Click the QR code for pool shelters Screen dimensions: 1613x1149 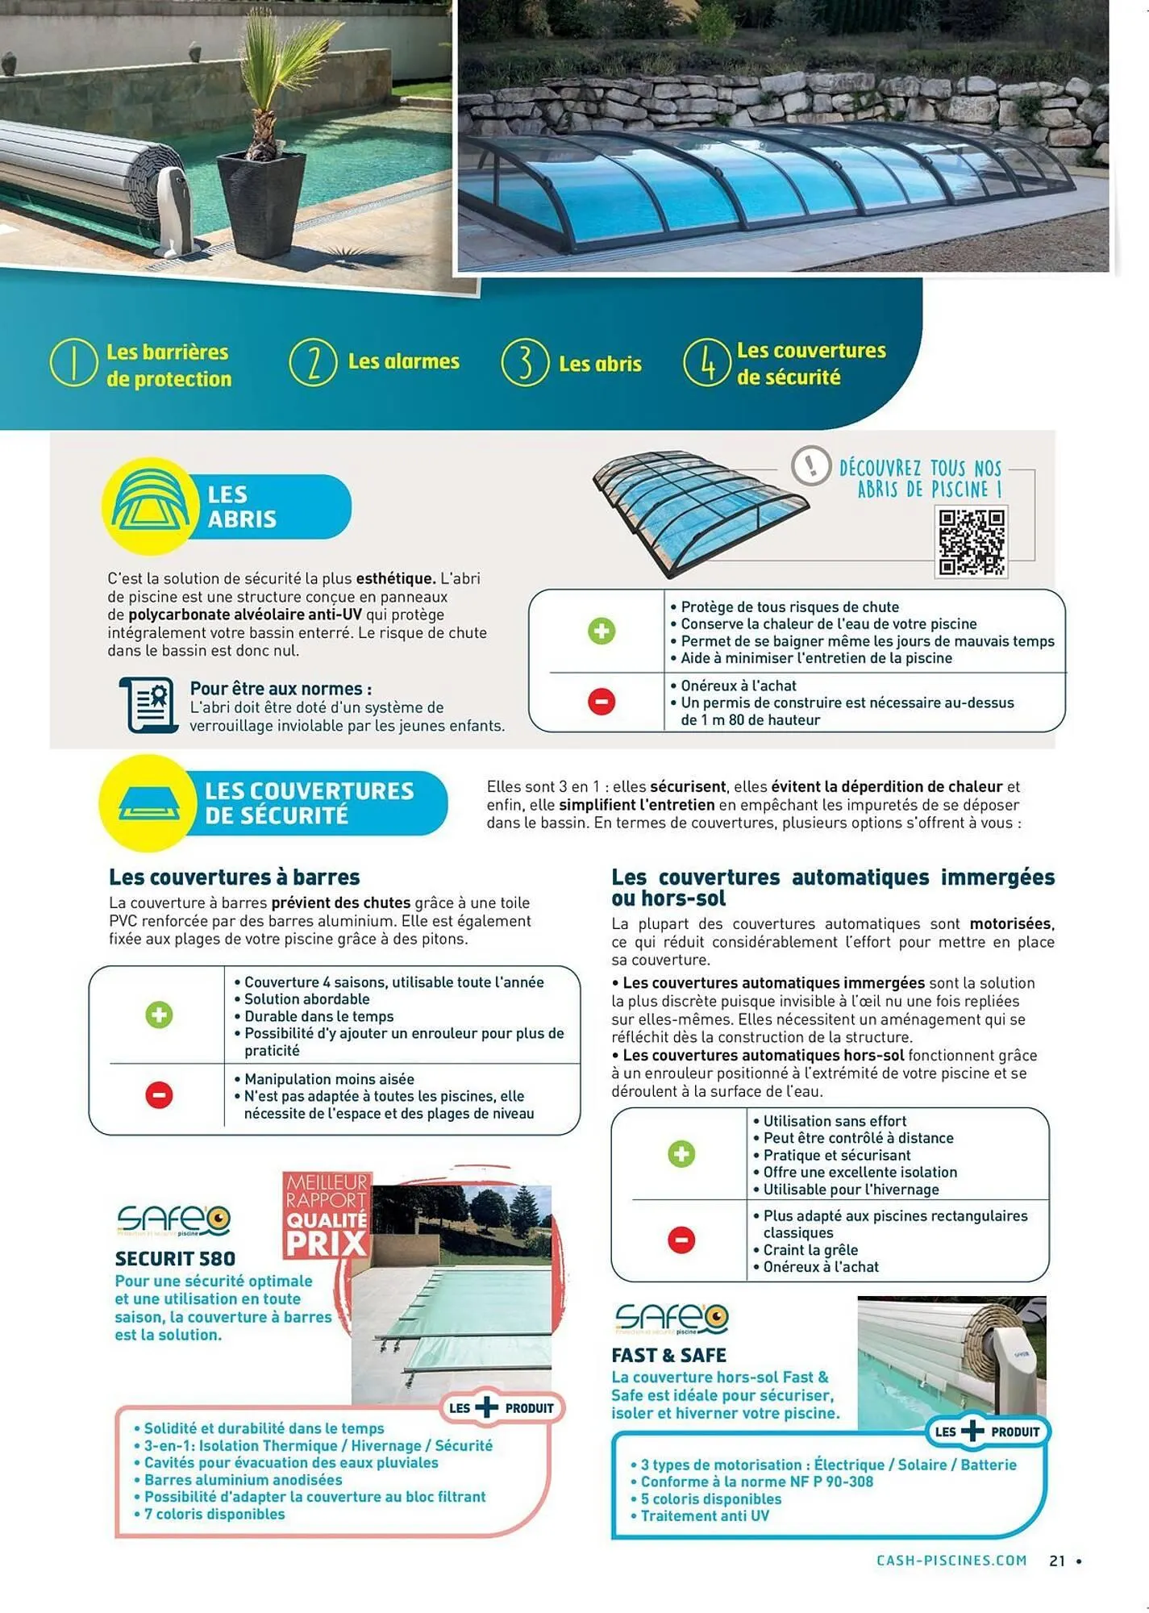(972, 541)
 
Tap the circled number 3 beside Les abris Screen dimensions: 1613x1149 (525, 363)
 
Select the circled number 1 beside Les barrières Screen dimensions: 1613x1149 (73, 363)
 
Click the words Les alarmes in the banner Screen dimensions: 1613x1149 (403, 361)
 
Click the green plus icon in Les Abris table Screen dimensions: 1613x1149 (602, 631)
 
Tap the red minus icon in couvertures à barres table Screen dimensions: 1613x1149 (159, 1095)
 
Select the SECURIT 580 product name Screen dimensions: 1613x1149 (175, 1259)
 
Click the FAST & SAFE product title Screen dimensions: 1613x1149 (668, 1356)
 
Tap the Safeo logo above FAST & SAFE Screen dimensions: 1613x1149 (671, 1319)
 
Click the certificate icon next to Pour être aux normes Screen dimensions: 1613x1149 (150, 705)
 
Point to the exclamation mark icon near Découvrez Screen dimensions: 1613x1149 (811, 465)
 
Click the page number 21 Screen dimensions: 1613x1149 (1057, 1561)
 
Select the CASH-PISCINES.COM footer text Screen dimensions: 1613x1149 (951, 1561)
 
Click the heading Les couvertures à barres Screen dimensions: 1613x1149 (234, 877)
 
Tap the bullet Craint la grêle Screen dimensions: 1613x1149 (811, 1250)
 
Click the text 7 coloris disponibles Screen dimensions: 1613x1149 (214, 1514)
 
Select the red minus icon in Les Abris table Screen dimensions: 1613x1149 (602, 701)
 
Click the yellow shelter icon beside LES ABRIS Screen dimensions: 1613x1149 (149, 506)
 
